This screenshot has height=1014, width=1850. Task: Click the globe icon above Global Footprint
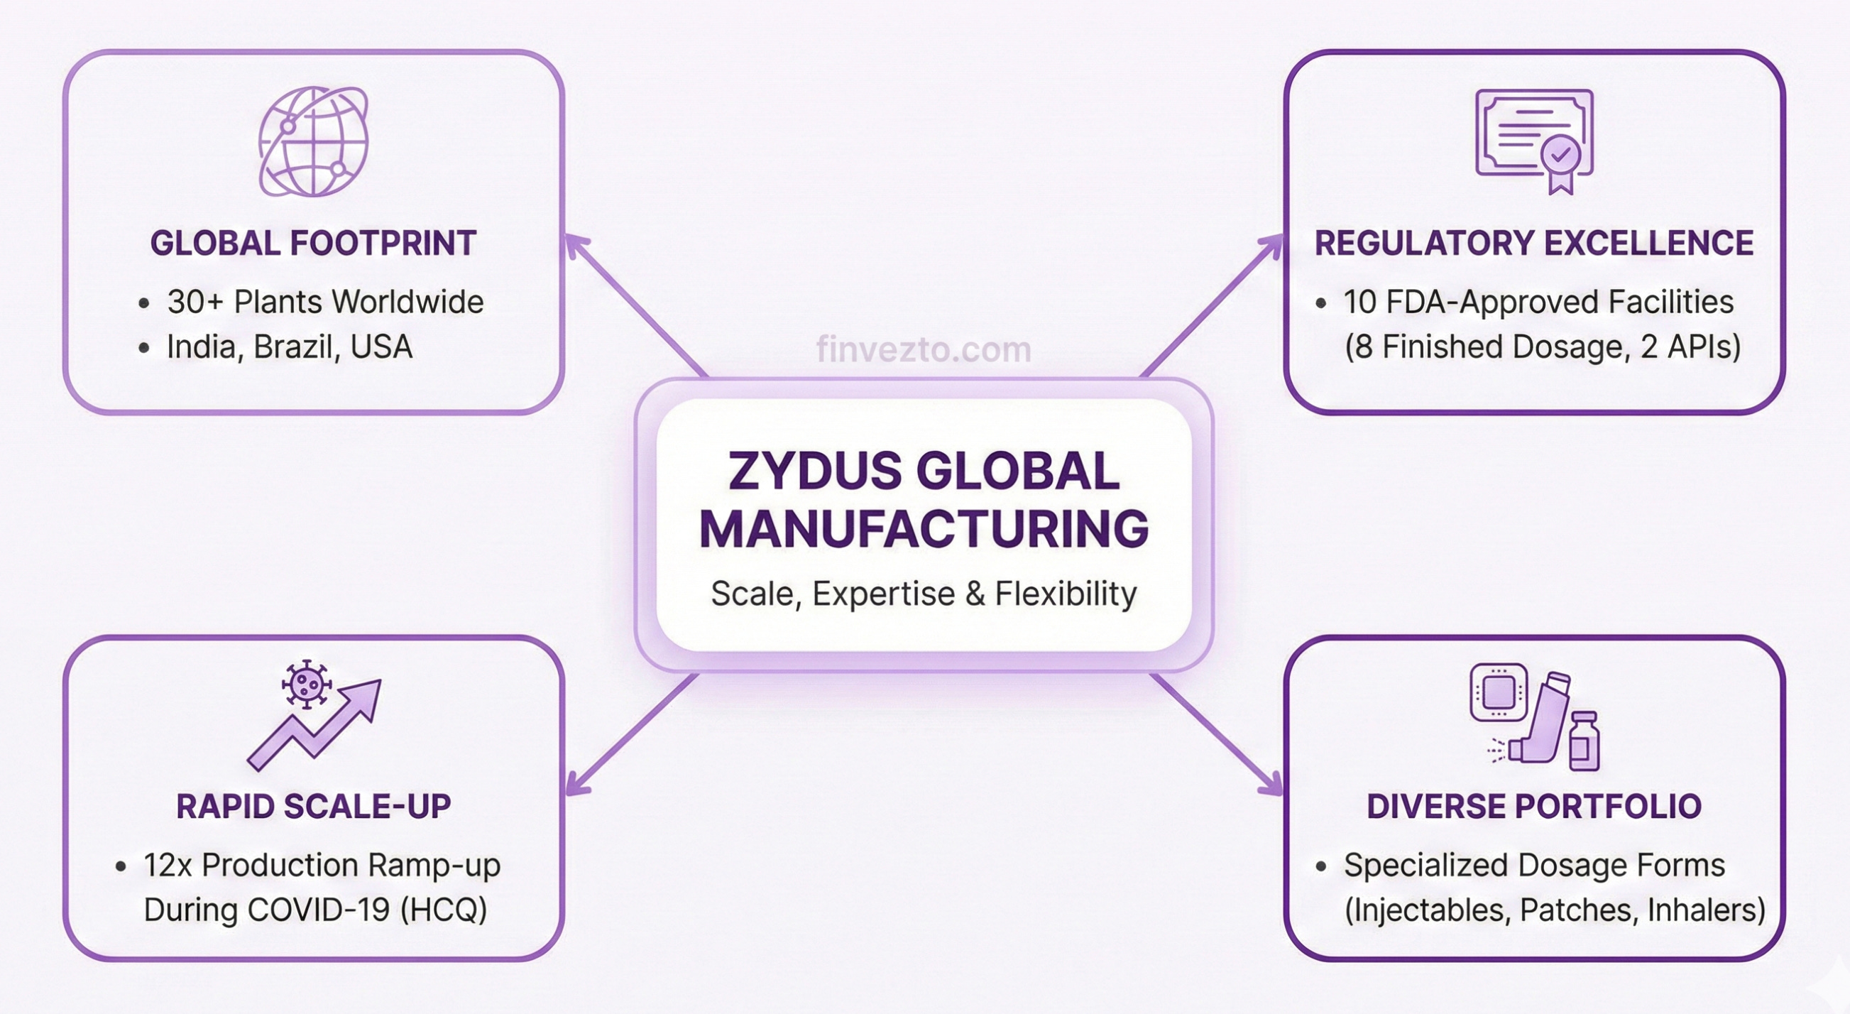[x=314, y=141]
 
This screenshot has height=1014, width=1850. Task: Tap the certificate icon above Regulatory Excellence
[x=1533, y=138]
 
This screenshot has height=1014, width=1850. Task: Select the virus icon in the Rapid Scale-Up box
[x=307, y=683]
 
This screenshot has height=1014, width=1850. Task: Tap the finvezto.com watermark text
[x=924, y=350]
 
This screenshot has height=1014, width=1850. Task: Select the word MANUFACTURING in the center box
[x=924, y=529]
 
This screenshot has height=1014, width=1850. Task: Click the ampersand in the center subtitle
[x=975, y=594]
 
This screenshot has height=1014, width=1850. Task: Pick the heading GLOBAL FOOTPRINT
[x=313, y=243]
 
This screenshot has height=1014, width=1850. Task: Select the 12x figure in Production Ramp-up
[x=168, y=866]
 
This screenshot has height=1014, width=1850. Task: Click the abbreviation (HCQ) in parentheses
[x=443, y=910]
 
